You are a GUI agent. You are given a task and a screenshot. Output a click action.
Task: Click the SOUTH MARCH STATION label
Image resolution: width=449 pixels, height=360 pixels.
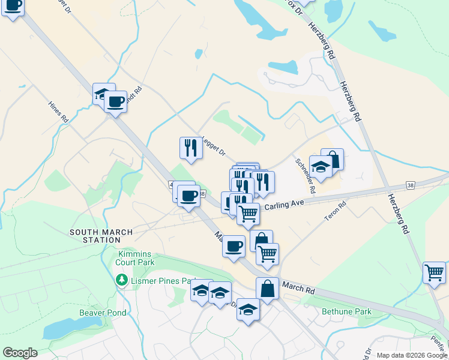[x=94, y=236]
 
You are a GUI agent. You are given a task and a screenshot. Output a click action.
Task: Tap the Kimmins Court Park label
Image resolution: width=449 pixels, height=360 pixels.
[x=136, y=258]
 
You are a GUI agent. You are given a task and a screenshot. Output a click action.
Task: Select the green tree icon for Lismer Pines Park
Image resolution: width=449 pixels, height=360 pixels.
[x=122, y=280]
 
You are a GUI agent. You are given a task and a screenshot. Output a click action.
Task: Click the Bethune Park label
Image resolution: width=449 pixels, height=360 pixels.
[x=346, y=311]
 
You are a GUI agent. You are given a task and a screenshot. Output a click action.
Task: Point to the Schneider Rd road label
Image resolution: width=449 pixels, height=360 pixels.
[x=304, y=175]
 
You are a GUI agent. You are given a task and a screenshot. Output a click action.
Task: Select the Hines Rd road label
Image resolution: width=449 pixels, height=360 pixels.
[x=58, y=112]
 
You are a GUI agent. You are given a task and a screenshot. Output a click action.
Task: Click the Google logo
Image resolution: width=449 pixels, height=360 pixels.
[x=20, y=353]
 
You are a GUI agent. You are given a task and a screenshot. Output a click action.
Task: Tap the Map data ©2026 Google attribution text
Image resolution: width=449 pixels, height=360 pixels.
[x=412, y=355]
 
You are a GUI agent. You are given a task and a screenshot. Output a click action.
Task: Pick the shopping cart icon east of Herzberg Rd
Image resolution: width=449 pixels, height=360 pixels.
[x=435, y=272]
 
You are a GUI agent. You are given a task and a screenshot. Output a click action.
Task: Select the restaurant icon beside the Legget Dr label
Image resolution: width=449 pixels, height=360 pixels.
[x=191, y=148]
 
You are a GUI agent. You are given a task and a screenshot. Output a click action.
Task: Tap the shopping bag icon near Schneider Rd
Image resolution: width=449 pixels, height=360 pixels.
[x=333, y=159]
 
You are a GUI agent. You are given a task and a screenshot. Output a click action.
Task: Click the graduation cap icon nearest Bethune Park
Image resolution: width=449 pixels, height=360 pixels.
[x=248, y=309]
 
